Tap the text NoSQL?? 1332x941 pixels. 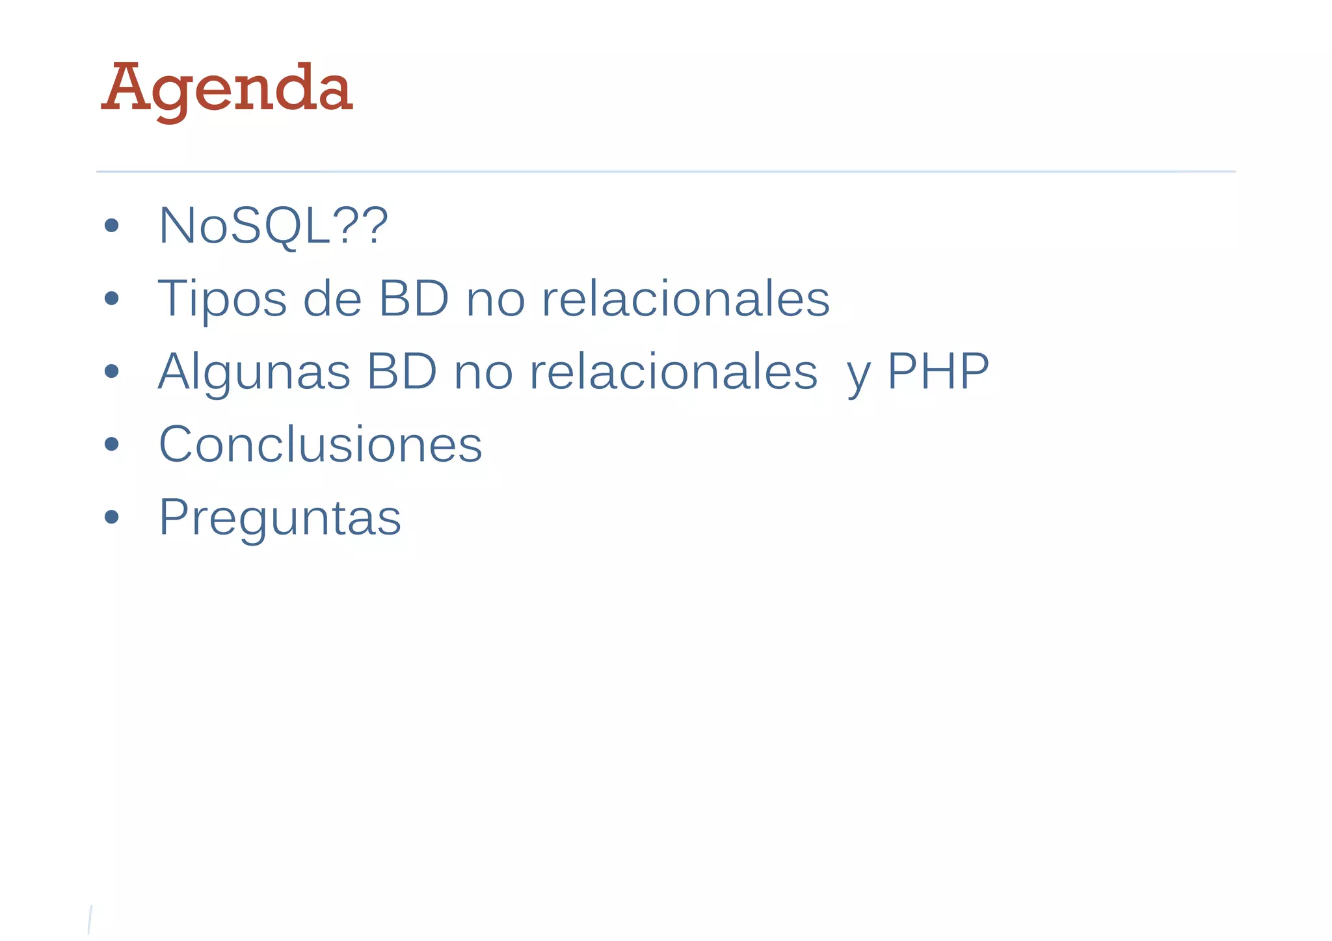coord(273,226)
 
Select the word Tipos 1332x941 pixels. coord(222,298)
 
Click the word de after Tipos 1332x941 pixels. coord(332,298)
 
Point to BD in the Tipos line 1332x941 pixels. coord(414,298)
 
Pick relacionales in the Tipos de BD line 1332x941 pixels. coord(686,298)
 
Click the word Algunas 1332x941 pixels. coord(254,372)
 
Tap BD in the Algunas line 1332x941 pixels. coord(401,371)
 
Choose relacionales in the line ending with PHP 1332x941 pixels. coord(674,371)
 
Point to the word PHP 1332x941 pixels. coord(938,371)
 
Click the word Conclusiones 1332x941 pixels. coord(320,444)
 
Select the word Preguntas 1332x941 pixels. coord(280,518)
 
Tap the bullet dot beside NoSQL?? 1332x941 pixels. coord(112,226)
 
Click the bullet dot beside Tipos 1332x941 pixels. coord(112,298)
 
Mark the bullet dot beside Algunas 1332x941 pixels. coord(112,371)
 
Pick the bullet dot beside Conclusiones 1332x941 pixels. coord(112,444)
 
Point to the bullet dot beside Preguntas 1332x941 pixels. coord(112,517)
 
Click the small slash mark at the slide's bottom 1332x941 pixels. coord(90,920)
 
